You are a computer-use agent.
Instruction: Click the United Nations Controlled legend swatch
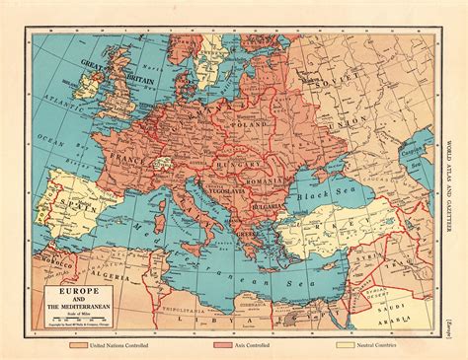[x=80, y=345]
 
